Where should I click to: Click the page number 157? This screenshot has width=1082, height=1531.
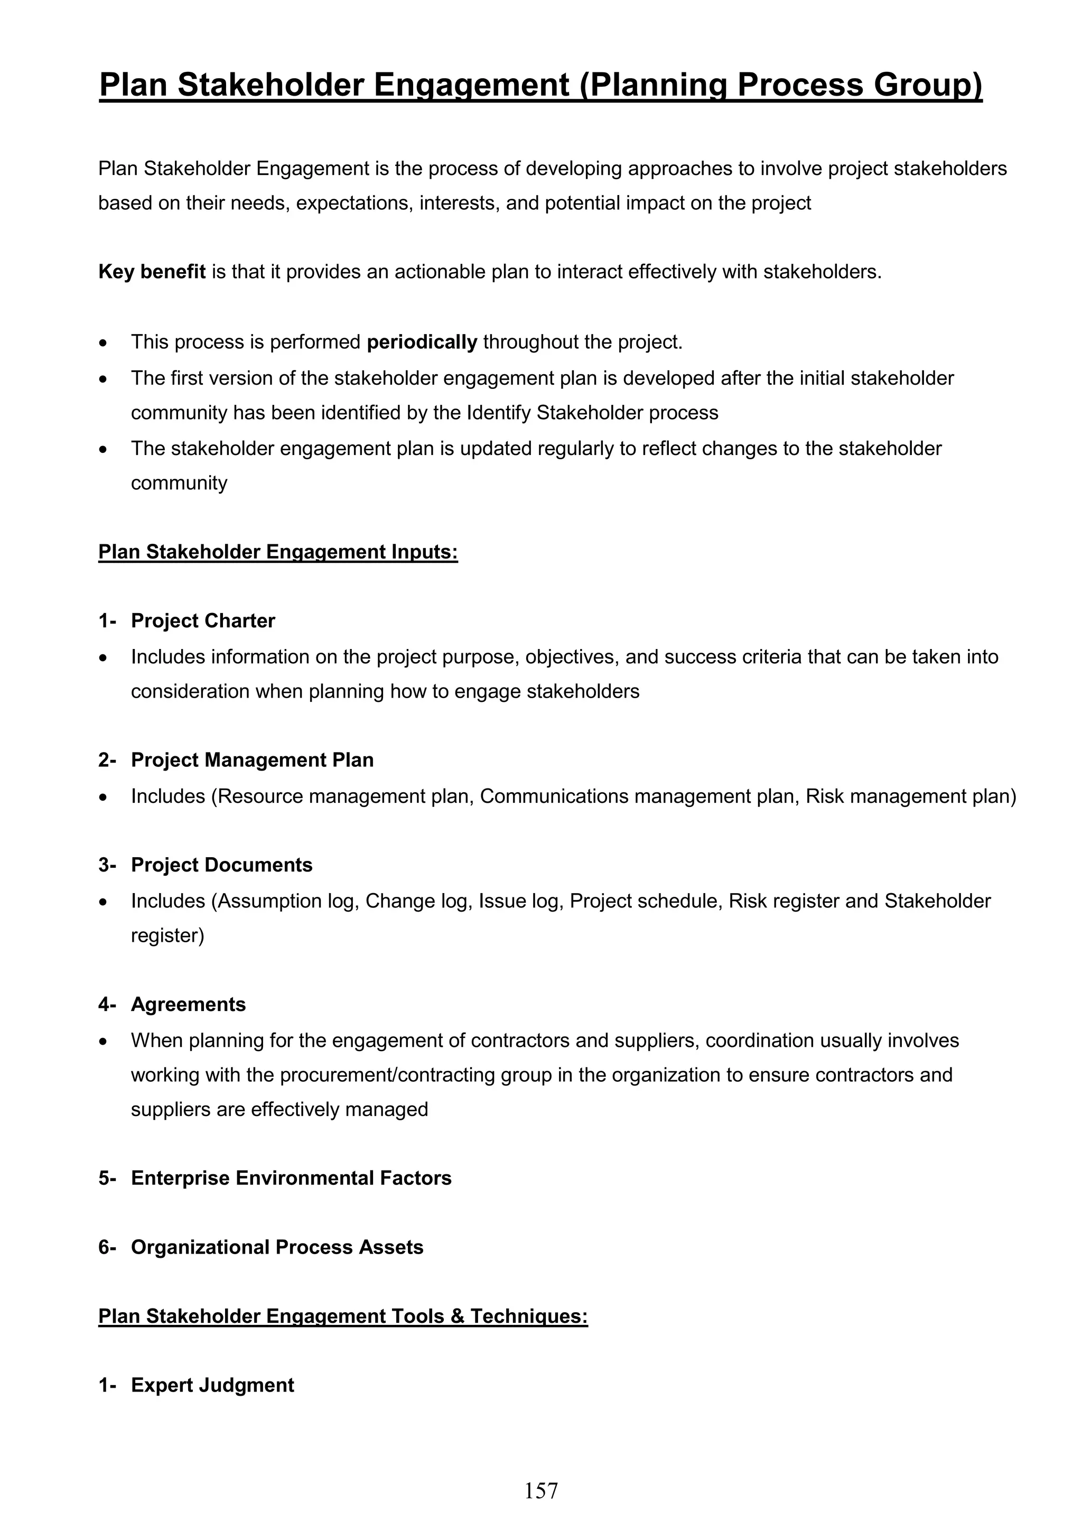click(540, 1490)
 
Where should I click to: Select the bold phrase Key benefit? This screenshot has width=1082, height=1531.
click(152, 272)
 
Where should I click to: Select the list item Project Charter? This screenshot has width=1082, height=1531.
click(203, 621)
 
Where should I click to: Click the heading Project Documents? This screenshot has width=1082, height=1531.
click(221, 865)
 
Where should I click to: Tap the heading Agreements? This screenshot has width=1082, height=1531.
click(188, 1004)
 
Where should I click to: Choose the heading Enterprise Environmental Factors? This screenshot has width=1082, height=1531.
click(291, 1179)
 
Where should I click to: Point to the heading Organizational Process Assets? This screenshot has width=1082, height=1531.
click(277, 1248)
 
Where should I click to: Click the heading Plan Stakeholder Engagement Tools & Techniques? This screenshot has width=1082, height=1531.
click(343, 1316)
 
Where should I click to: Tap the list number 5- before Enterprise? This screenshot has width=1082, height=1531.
click(107, 1179)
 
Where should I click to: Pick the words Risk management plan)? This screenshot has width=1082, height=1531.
click(911, 796)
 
